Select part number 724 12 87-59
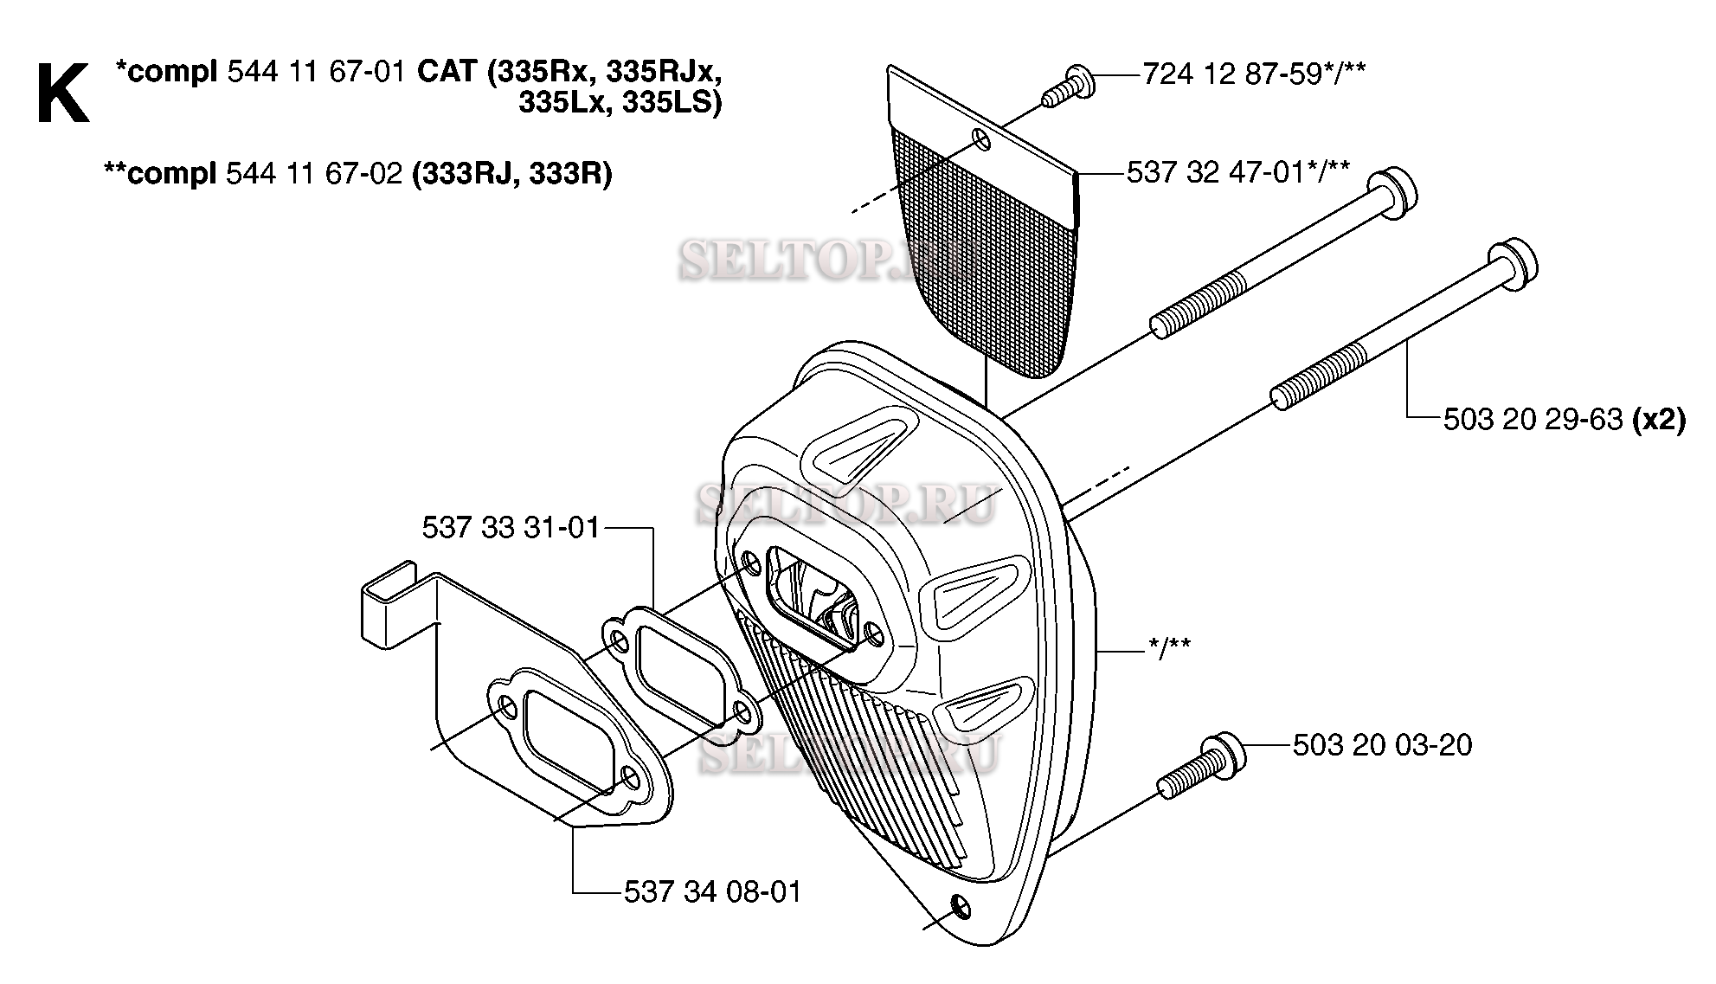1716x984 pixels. coord(1232,74)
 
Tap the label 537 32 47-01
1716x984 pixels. coord(1216,172)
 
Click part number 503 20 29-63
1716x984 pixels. coord(1533,420)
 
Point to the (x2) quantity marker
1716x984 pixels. coord(1658,420)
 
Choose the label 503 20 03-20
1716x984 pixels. coord(1382,745)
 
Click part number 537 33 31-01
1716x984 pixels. coord(511,527)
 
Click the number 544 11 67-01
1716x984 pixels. coord(316,72)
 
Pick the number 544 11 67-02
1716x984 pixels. coord(313,174)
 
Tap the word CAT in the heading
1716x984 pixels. coord(447,72)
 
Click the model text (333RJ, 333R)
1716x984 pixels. coord(512,174)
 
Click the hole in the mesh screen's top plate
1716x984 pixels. coord(981,138)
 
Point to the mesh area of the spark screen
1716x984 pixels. coord(987,260)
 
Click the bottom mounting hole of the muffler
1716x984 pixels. coord(959,908)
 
